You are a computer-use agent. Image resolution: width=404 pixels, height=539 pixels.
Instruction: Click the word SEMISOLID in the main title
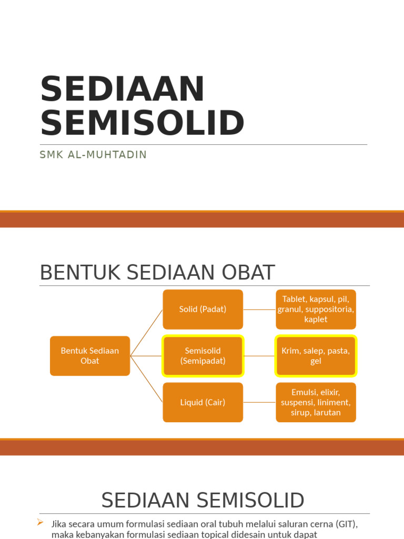142,123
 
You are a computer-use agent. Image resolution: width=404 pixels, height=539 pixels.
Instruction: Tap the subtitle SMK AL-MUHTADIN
93,155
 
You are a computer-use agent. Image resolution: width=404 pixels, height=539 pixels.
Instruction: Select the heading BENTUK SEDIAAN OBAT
157,273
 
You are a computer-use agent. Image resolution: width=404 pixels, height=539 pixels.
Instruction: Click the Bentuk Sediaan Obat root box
90,356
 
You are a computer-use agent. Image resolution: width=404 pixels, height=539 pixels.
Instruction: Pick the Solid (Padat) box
203,310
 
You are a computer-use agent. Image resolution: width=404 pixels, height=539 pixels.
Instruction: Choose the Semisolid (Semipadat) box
203,356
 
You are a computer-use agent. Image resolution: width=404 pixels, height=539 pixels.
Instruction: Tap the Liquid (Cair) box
203,402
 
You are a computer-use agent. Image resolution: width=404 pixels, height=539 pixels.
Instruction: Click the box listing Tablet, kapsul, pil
316,310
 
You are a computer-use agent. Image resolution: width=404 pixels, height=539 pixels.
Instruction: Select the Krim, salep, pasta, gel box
316,356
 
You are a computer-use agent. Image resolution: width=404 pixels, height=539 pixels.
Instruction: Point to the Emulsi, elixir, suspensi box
316,402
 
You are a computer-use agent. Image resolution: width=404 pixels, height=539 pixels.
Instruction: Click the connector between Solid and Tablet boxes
259,310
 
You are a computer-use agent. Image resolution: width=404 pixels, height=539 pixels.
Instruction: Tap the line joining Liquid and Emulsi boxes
259,402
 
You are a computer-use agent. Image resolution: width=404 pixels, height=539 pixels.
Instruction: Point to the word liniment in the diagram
334,402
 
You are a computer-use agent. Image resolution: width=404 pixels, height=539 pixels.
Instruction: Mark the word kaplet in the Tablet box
316,319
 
